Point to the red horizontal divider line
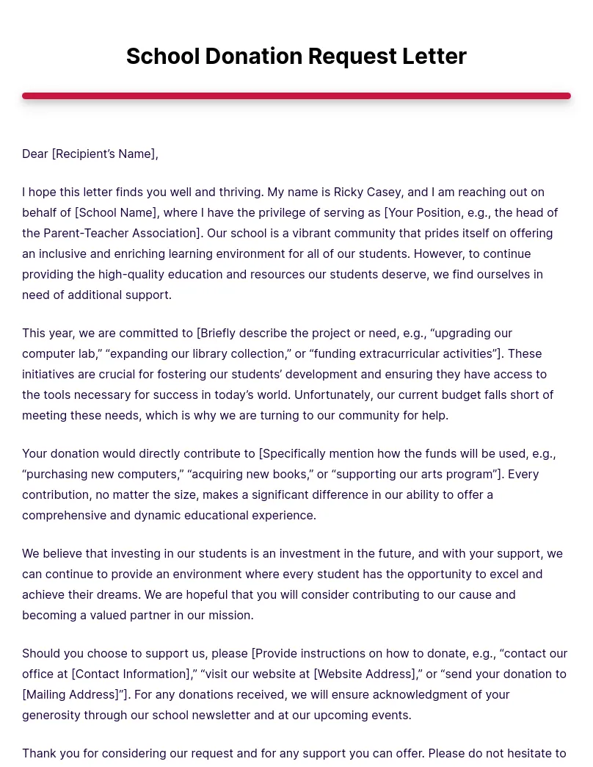point(296,96)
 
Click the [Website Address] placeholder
point(365,674)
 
